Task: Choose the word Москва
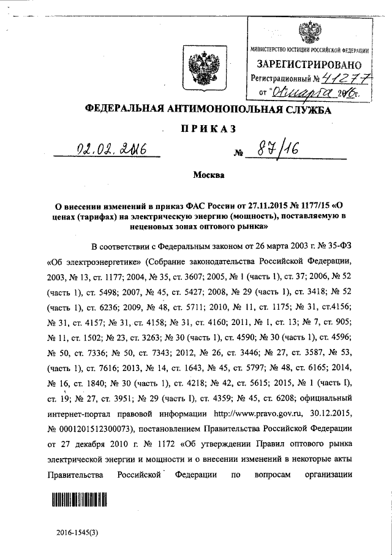click(x=209, y=176)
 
